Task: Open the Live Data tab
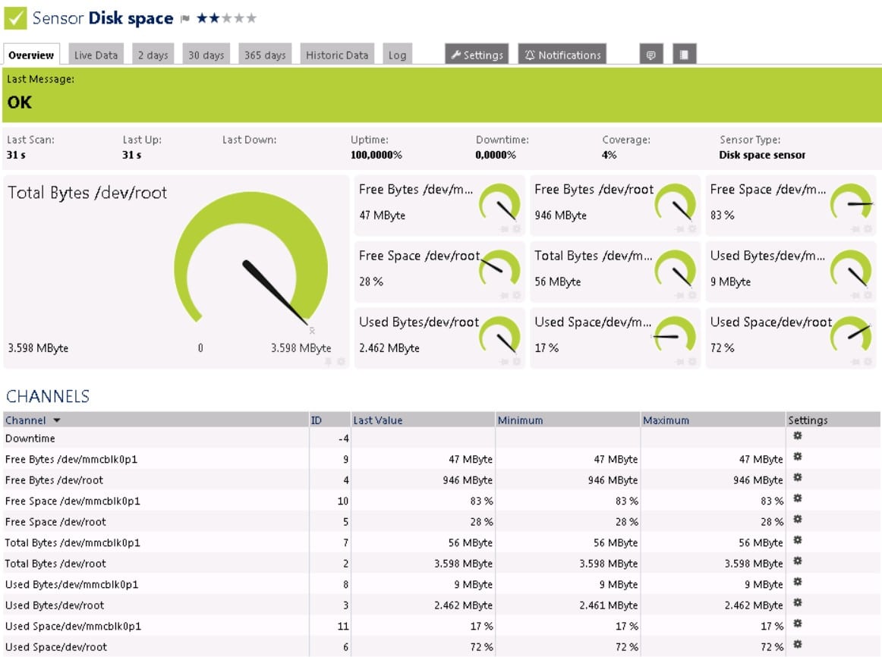point(96,55)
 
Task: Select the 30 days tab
point(206,55)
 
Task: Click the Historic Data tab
point(337,55)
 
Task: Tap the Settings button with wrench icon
point(477,55)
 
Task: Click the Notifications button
point(562,55)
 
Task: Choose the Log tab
point(397,55)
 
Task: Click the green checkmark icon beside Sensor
point(15,18)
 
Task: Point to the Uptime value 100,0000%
point(376,155)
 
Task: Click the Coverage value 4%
point(610,155)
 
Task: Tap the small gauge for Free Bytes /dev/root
point(676,203)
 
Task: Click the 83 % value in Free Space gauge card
point(723,215)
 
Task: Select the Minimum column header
point(520,420)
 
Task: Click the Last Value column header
point(377,420)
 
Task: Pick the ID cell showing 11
point(342,626)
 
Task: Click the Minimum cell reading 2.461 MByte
point(609,605)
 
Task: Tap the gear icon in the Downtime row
point(797,435)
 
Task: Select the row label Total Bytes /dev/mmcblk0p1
point(73,543)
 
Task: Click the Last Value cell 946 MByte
point(468,480)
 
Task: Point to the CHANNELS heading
point(48,396)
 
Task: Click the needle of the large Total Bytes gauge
point(275,292)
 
